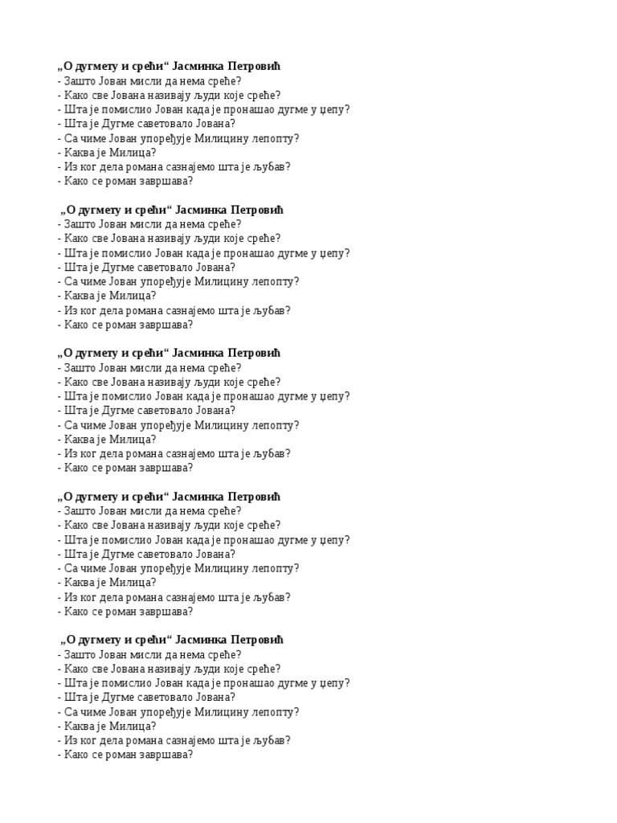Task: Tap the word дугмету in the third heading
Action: coord(96,354)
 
